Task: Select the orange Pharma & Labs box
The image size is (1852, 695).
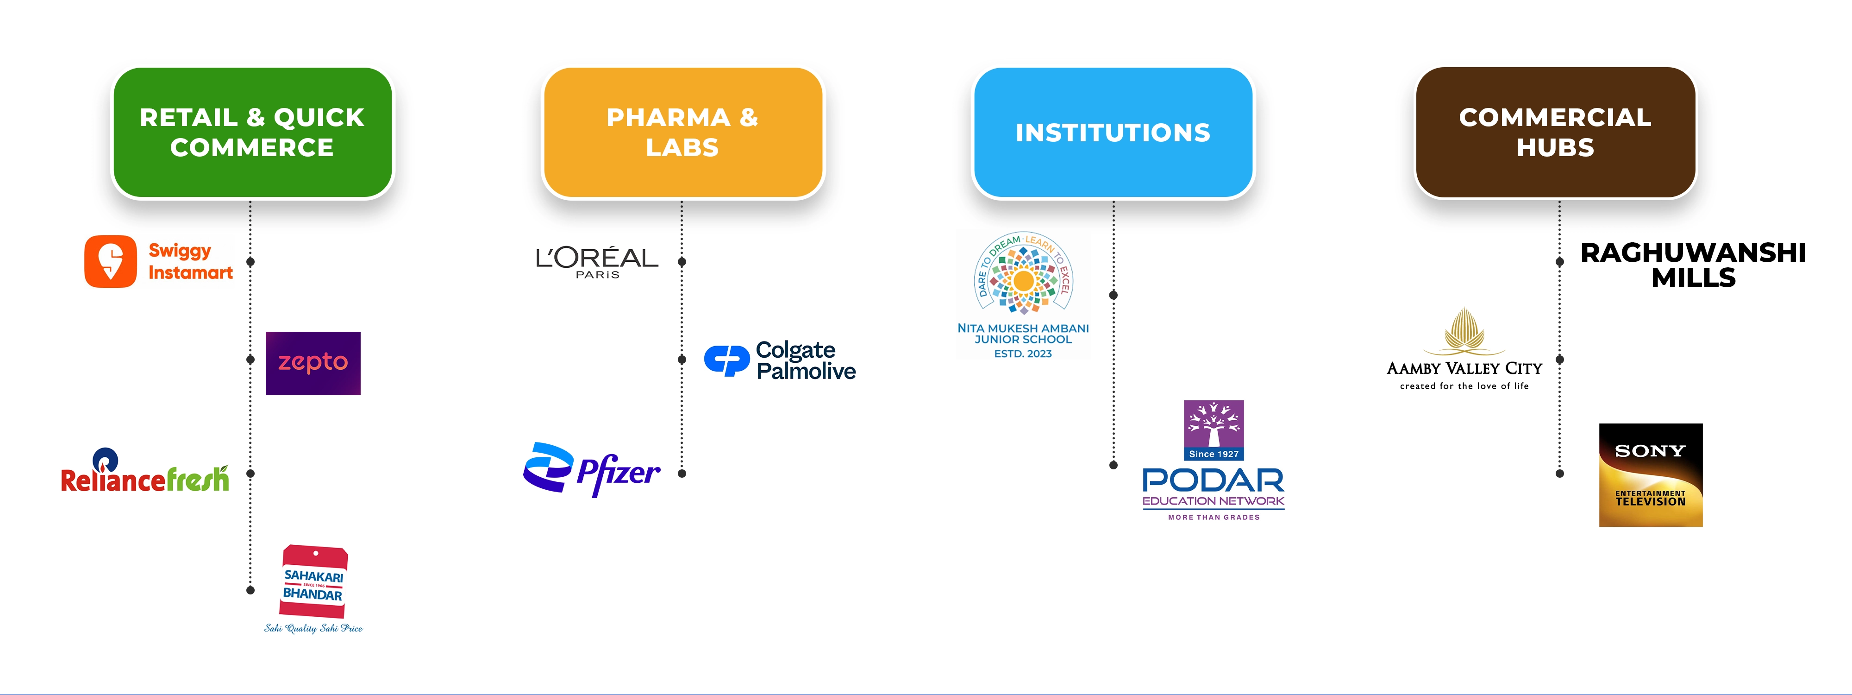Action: tap(682, 133)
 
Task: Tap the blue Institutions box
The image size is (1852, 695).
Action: tap(1113, 133)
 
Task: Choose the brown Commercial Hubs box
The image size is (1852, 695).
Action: tap(1555, 133)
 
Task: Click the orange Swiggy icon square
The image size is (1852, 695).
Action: tap(110, 261)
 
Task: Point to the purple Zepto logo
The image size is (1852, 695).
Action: tap(313, 363)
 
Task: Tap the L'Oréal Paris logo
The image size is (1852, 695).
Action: tap(597, 262)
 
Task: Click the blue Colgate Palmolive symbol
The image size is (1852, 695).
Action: tap(726, 360)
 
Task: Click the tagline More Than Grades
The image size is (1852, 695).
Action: tap(1214, 517)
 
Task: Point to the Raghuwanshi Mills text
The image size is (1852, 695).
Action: tap(1693, 265)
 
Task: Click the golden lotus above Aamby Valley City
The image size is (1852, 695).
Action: tap(1464, 331)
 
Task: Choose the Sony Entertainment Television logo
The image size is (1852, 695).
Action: tap(1651, 475)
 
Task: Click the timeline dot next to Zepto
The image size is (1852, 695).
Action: tap(250, 359)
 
